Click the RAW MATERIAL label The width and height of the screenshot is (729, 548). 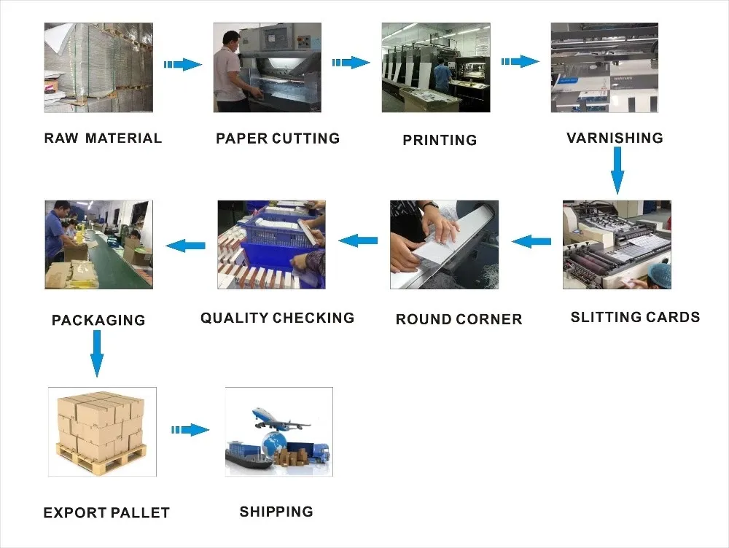(103, 138)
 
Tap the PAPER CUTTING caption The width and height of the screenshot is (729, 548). (278, 138)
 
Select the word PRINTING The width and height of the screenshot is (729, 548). (440, 140)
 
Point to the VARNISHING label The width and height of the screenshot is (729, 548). (615, 138)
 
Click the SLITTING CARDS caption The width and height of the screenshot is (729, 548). (635, 317)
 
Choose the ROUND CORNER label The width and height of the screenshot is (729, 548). (459, 319)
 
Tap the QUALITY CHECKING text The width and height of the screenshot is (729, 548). (277, 318)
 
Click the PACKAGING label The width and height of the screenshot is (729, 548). (98, 319)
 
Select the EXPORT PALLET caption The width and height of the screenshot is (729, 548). (106, 512)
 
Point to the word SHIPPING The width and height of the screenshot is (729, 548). (276, 512)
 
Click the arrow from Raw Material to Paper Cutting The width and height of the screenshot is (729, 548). (183, 64)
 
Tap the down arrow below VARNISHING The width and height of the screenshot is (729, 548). (617, 170)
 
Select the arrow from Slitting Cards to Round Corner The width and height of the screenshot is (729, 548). (531, 240)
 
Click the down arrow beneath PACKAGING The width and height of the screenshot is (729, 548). (97, 353)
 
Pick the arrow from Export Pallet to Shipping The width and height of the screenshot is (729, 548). (190, 430)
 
